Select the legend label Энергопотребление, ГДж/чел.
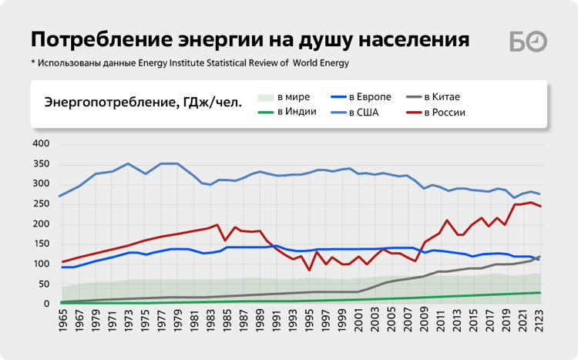(x=143, y=102)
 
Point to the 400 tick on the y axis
(x=41, y=144)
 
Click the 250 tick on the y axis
(x=41, y=204)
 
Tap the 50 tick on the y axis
(x=44, y=284)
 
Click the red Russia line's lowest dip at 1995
(x=310, y=270)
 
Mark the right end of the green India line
(x=539, y=293)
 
